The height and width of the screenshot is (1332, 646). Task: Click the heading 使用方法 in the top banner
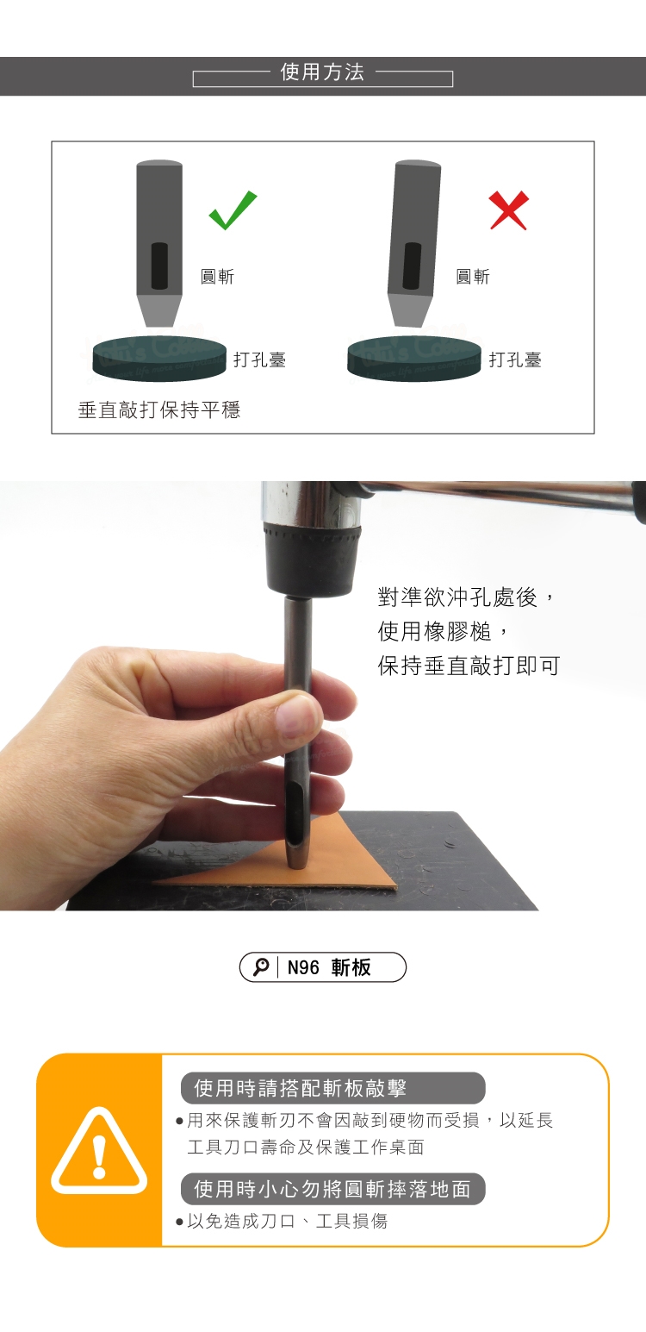322,72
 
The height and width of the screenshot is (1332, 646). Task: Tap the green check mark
232,212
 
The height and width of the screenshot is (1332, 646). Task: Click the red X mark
509,209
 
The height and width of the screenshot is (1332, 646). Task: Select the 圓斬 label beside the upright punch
217,277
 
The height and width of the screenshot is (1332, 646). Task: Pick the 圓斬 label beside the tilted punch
473,277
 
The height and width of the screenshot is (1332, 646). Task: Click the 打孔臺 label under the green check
260,360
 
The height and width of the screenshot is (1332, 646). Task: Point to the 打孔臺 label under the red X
515,360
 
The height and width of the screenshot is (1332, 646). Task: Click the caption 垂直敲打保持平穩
159,410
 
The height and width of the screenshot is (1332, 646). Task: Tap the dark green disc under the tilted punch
414,358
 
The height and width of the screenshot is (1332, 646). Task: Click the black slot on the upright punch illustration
159,266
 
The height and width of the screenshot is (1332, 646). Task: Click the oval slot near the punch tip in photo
295,815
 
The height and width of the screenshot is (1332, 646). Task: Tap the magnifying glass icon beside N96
261,967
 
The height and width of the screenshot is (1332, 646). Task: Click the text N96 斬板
329,967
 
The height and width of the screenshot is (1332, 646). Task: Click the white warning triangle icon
99,1152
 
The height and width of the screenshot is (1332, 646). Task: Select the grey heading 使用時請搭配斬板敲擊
300,1088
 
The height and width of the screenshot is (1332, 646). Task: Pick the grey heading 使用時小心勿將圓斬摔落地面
332,1189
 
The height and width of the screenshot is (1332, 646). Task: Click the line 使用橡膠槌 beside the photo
435,631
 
